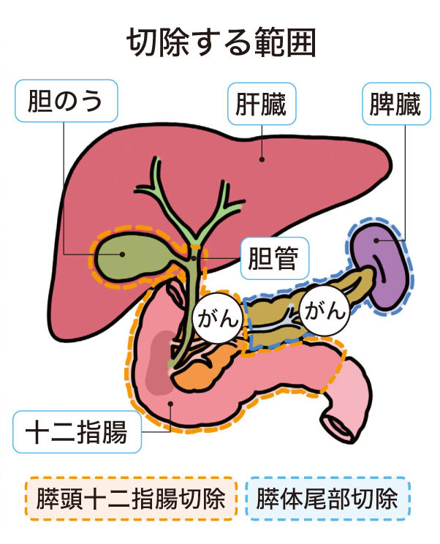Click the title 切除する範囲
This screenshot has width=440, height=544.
click(x=221, y=43)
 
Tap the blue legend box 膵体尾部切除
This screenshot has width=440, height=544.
click(x=327, y=500)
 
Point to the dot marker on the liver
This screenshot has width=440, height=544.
click(x=261, y=156)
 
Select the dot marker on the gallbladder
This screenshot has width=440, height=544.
click(x=123, y=254)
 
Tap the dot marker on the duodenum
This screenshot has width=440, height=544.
click(x=170, y=402)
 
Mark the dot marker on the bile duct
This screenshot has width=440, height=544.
click(x=194, y=257)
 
